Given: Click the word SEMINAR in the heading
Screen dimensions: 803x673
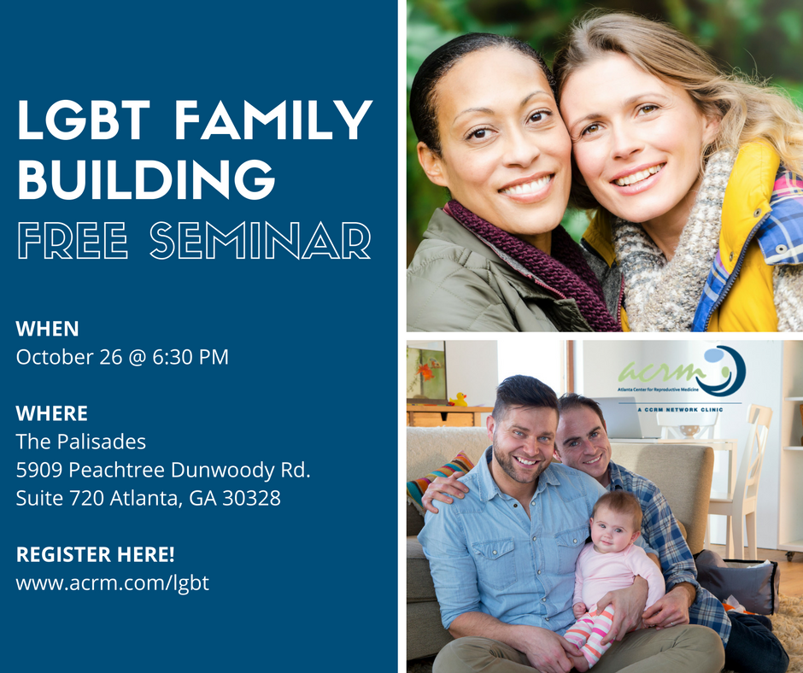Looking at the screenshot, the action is point(261,240).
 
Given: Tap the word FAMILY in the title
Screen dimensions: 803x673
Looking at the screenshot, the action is point(273,120).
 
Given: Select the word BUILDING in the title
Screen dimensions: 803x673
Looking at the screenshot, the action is point(146,179).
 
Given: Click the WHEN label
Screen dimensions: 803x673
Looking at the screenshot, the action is point(47,329).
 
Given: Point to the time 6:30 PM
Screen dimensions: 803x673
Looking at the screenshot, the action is point(190,357).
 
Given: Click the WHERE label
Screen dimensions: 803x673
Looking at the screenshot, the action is point(52,413).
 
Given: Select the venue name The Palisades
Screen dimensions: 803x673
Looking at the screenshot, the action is point(81,442).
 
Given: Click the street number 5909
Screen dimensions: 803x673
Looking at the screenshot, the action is point(39,471).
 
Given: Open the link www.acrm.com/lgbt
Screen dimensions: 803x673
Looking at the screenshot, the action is point(113,583).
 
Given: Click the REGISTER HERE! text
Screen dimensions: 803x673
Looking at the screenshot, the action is point(96,554).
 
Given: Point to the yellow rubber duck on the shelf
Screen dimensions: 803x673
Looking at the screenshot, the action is point(459,400).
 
